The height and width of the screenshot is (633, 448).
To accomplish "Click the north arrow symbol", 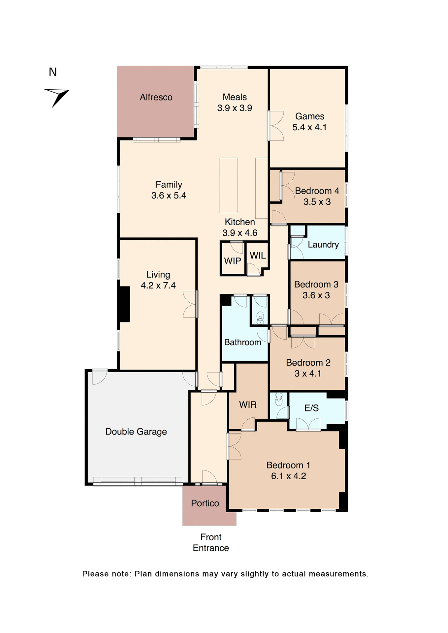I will tap(57, 97).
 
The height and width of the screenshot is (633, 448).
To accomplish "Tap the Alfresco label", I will tap(156, 97).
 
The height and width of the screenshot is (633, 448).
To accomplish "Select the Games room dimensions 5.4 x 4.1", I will tap(309, 127).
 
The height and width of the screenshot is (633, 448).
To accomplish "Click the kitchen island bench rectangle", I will tap(229, 185).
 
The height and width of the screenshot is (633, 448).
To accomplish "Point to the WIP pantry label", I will tap(233, 261).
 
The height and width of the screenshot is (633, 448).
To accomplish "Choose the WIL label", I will tap(258, 256).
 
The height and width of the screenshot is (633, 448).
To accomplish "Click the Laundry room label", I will tap(323, 245).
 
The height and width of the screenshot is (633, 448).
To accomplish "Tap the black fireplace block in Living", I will tap(125, 304).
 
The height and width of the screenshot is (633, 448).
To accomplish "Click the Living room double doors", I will tap(190, 304).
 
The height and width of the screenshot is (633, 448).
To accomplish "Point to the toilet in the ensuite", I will tap(279, 399).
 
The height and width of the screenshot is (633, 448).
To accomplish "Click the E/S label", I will tap(311, 408).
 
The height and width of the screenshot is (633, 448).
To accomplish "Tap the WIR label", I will tap(248, 405).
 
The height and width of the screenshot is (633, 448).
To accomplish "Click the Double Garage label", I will tap(136, 432).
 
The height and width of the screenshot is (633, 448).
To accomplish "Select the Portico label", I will tap(205, 503).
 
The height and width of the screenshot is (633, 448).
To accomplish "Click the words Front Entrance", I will tap(211, 543).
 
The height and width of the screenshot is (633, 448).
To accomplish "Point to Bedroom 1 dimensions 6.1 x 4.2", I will tap(288, 476).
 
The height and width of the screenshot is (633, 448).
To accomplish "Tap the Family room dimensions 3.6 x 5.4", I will tap(169, 196).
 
